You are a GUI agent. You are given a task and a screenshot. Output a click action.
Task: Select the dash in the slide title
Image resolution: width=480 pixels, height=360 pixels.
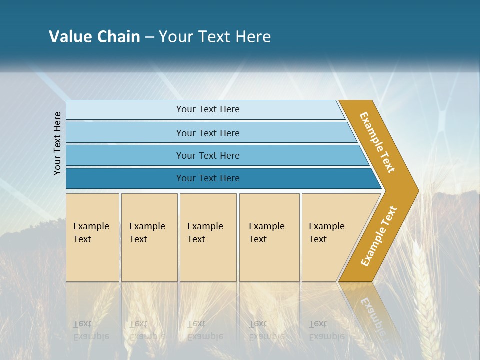point(149,37)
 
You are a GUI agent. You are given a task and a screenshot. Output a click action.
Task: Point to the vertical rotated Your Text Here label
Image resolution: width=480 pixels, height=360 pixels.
point(58,144)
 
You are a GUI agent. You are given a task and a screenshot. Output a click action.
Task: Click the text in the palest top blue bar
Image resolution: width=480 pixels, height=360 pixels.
point(208,109)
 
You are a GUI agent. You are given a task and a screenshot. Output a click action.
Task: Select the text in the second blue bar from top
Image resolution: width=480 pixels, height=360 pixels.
point(208,133)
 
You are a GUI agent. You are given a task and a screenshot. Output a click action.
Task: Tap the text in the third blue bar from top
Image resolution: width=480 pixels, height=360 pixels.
point(208,155)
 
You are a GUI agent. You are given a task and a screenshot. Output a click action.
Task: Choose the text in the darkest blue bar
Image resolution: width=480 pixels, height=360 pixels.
point(208,178)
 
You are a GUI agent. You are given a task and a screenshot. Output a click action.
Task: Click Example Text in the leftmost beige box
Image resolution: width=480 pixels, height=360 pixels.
point(91,233)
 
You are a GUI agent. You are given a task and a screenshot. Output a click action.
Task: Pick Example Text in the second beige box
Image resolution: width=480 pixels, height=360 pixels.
point(147,233)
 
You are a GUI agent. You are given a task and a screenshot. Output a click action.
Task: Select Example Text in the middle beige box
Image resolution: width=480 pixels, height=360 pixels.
point(205,233)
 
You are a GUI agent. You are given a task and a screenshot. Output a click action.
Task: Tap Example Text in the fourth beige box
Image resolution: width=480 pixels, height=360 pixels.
point(266,233)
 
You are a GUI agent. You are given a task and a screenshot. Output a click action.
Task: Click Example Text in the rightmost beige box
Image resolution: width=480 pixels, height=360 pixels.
point(326,233)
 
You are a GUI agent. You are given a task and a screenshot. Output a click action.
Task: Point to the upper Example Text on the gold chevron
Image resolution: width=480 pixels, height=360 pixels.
point(377,142)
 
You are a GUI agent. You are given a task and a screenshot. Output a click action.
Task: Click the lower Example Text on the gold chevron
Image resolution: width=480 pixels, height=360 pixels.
point(379,236)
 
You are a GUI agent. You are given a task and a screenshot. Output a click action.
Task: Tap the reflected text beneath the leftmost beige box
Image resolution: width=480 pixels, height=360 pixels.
point(91,330)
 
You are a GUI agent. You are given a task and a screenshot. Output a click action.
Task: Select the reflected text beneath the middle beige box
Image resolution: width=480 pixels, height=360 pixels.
point(205,330)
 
